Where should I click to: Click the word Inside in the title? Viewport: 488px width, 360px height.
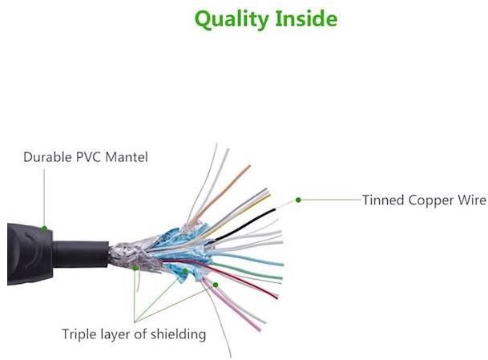pos(302,18)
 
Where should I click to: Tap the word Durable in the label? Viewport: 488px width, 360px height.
pos(50,157)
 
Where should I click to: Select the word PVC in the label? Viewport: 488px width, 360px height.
pos(96,157)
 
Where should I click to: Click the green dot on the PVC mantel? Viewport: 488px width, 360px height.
pos(45,229)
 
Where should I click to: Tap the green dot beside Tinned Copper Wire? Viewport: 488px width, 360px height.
pos(298,199)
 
